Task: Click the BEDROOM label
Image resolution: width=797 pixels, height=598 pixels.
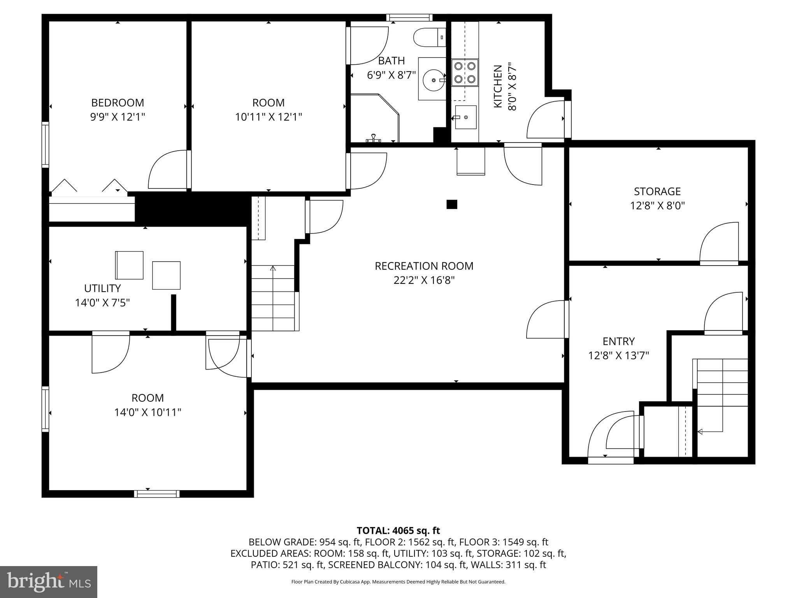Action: click(x=118, y=103)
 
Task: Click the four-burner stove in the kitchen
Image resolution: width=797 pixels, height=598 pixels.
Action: click(x=465, y=72)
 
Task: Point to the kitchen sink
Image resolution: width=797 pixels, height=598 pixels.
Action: click(x=465, y=117)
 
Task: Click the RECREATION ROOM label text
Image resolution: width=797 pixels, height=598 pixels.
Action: click(x=424, y=266)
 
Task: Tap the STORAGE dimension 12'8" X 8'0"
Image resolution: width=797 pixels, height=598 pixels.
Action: click(x=657, y=206)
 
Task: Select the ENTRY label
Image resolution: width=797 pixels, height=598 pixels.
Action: click(x=618, y=341)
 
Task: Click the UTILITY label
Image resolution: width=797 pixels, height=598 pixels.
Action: click(x=102, y=288)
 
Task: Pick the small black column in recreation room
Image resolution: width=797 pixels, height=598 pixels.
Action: click(x=451, y=204)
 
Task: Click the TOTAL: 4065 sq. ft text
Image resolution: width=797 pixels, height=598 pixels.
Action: click(x=398, y=531)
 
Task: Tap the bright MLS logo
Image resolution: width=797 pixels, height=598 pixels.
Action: click(x=48, y=582)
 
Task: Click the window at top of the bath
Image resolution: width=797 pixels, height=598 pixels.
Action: click(x=409, y=17)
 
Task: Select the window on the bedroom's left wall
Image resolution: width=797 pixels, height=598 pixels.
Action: click(x=46, y=144)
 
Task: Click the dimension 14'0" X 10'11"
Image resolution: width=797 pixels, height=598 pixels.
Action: click(x=147, y=412)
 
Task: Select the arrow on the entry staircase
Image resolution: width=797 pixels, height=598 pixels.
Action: click(x=700, y=431)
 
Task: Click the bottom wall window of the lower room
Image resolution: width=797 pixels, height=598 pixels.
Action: click(x=157, y=494)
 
